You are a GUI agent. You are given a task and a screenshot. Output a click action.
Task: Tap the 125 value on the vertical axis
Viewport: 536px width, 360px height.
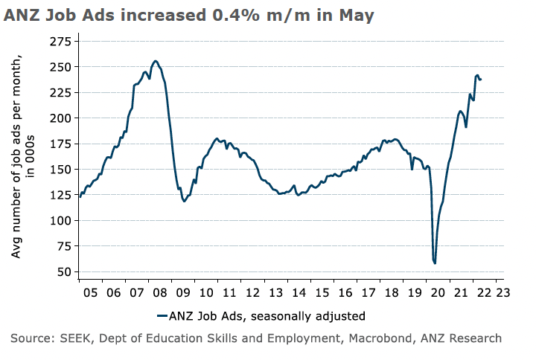click(x=60, y=195)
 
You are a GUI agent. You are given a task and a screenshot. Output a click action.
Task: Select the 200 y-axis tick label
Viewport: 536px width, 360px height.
click(x=60, y=118)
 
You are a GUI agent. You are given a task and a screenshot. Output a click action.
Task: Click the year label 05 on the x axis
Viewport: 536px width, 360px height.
click(x=89, y=292)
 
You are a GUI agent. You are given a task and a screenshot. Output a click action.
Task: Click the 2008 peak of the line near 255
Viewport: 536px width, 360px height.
click(x=155, y=61)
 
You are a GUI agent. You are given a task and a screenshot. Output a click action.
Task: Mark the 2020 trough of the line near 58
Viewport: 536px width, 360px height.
click(x=435, y=263)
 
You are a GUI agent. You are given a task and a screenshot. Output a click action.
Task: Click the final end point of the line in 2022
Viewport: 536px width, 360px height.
click(x=481, y=80)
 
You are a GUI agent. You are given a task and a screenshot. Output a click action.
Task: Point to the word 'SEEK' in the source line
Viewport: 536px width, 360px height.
click(x=86, y=338)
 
